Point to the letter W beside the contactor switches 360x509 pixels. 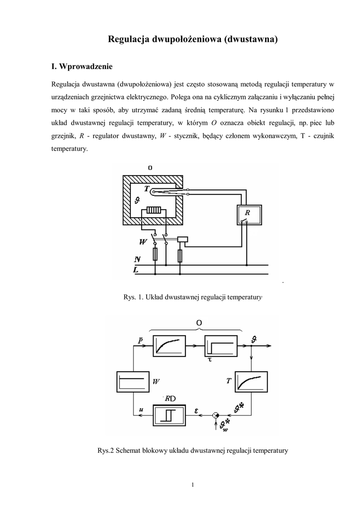[x=144, y=242]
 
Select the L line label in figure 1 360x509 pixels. [x=136, y=269]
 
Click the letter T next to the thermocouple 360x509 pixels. [x=147, y=189]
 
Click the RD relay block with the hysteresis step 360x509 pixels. [x=169, y=415]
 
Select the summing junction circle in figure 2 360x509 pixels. [x=215, y=415]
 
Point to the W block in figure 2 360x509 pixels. [x=132, y=382]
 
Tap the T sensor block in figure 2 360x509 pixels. [x=252, y=382]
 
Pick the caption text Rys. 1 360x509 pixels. [x=133, y=297]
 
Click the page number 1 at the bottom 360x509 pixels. [x=192, y=485]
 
